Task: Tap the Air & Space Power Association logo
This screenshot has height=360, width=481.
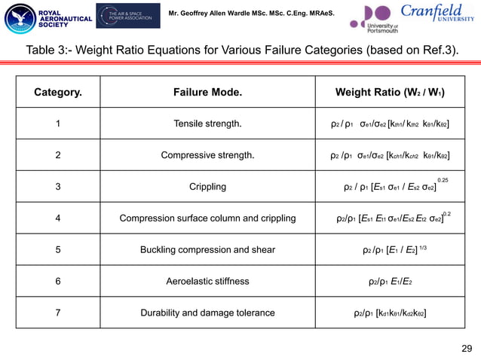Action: pos(128,16)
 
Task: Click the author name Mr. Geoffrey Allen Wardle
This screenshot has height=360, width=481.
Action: pos(250,14)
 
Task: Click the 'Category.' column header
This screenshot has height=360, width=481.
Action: pos(58,93)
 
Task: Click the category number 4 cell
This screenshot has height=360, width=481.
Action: pos(58,219)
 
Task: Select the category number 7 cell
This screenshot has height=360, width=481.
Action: pos(58,313)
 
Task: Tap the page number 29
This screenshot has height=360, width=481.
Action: pos(465,347)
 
